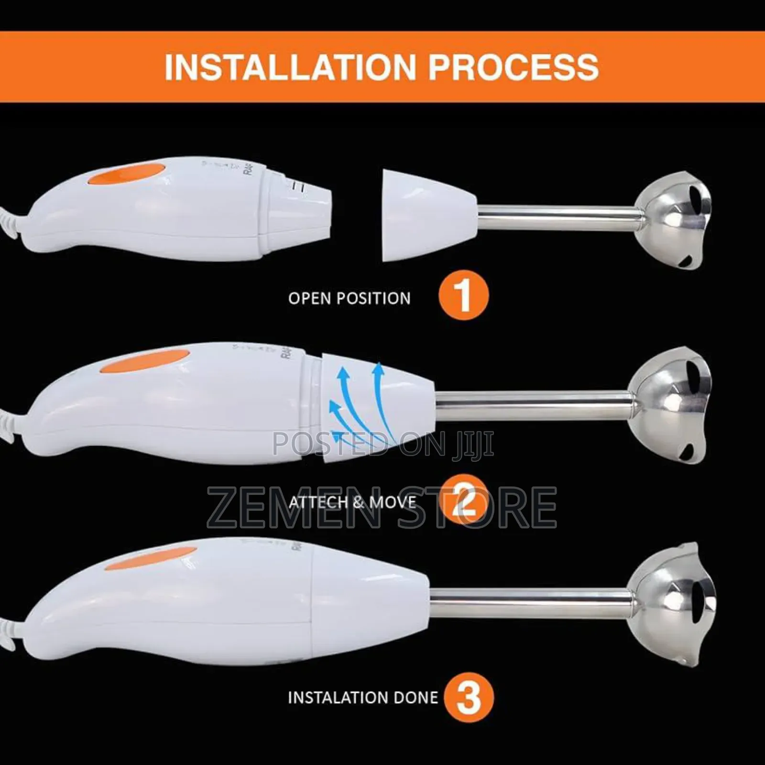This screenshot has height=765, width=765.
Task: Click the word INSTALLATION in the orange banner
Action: click(x=290, y=67)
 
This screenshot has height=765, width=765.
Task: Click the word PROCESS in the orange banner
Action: click(x=513, y=67)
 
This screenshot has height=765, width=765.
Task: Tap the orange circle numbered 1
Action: click(x=463, y=295)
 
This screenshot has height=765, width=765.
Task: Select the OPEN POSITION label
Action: click(x=349, y=298)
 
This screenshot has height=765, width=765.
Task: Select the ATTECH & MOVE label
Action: click(x=352, y=502)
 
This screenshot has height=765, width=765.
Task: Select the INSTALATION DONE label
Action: click(x=362, y=698)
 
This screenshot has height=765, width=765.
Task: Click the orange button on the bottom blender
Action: click(x=151, y=557)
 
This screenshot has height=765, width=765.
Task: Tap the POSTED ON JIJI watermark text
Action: click(x=382, y=444)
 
